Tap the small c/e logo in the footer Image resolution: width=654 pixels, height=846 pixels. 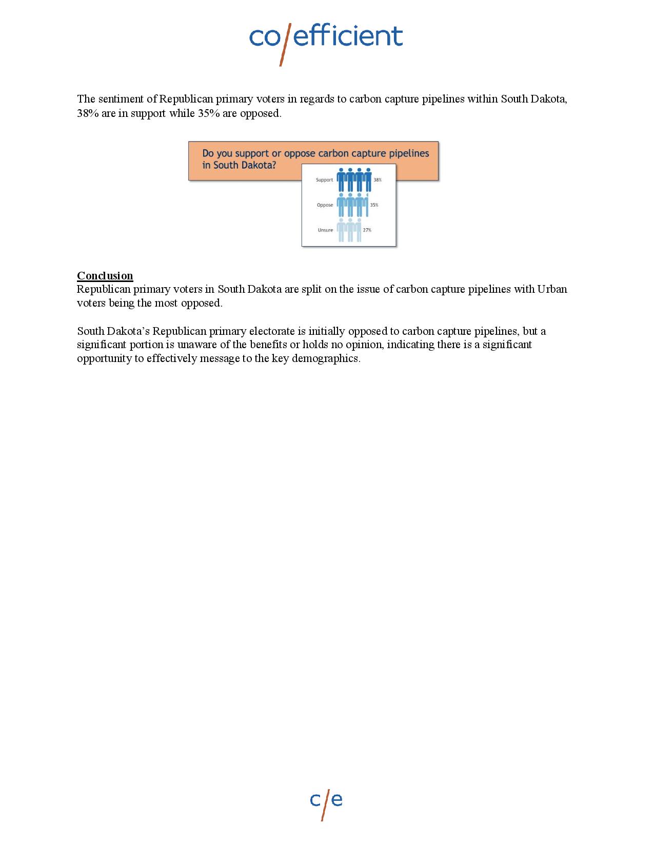[x=326, y=801]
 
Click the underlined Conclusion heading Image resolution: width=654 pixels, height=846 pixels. [x=105, y=276]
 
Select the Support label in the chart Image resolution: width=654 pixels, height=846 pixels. [x=324, y=180]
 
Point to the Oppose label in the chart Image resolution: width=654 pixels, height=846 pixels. [x=325, y=205]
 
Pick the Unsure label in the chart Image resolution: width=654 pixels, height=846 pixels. [x=325, y=230]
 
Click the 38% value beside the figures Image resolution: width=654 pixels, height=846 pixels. [x=378, y=180]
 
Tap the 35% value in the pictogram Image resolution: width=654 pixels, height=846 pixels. [x=374, y=205]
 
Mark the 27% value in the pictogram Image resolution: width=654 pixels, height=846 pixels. [x=367, y=230]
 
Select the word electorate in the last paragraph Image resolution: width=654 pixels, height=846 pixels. [x=271, y=331]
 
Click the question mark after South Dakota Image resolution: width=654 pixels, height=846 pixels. [x=273, y=165]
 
